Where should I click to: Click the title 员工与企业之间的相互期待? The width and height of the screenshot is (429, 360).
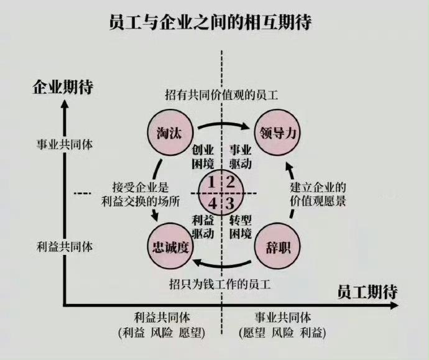click(210, 22)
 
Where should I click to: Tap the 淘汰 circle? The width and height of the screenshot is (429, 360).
click(170, 133)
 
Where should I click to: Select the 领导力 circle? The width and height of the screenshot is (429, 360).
click(277, 132)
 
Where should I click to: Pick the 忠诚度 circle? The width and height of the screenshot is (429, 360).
click(170, 246)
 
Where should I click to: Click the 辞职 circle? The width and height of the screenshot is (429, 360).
click(277, 246)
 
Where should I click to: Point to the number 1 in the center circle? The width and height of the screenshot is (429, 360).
click(211, 182)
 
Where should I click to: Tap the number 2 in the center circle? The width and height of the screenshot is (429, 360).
click(231, 182)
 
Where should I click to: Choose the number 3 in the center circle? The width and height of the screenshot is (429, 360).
click(230, 203)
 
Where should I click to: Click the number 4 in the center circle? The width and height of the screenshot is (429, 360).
click(213, 203)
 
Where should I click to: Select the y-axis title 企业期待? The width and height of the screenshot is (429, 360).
click(63, 87)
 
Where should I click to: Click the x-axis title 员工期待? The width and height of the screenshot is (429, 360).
click(367, 292)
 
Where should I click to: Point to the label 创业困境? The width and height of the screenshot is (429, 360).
click(203, 157)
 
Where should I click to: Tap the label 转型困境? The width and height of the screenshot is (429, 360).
click(240, 227)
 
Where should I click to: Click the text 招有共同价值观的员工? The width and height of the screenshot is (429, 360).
click(221, 95)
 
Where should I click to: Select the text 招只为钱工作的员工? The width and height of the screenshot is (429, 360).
click(220, 284)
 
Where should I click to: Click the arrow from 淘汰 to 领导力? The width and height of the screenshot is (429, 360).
click(223, 124)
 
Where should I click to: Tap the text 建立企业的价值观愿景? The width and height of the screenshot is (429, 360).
click(318, 194)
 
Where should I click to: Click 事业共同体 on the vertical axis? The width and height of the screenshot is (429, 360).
click(65, 144)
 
